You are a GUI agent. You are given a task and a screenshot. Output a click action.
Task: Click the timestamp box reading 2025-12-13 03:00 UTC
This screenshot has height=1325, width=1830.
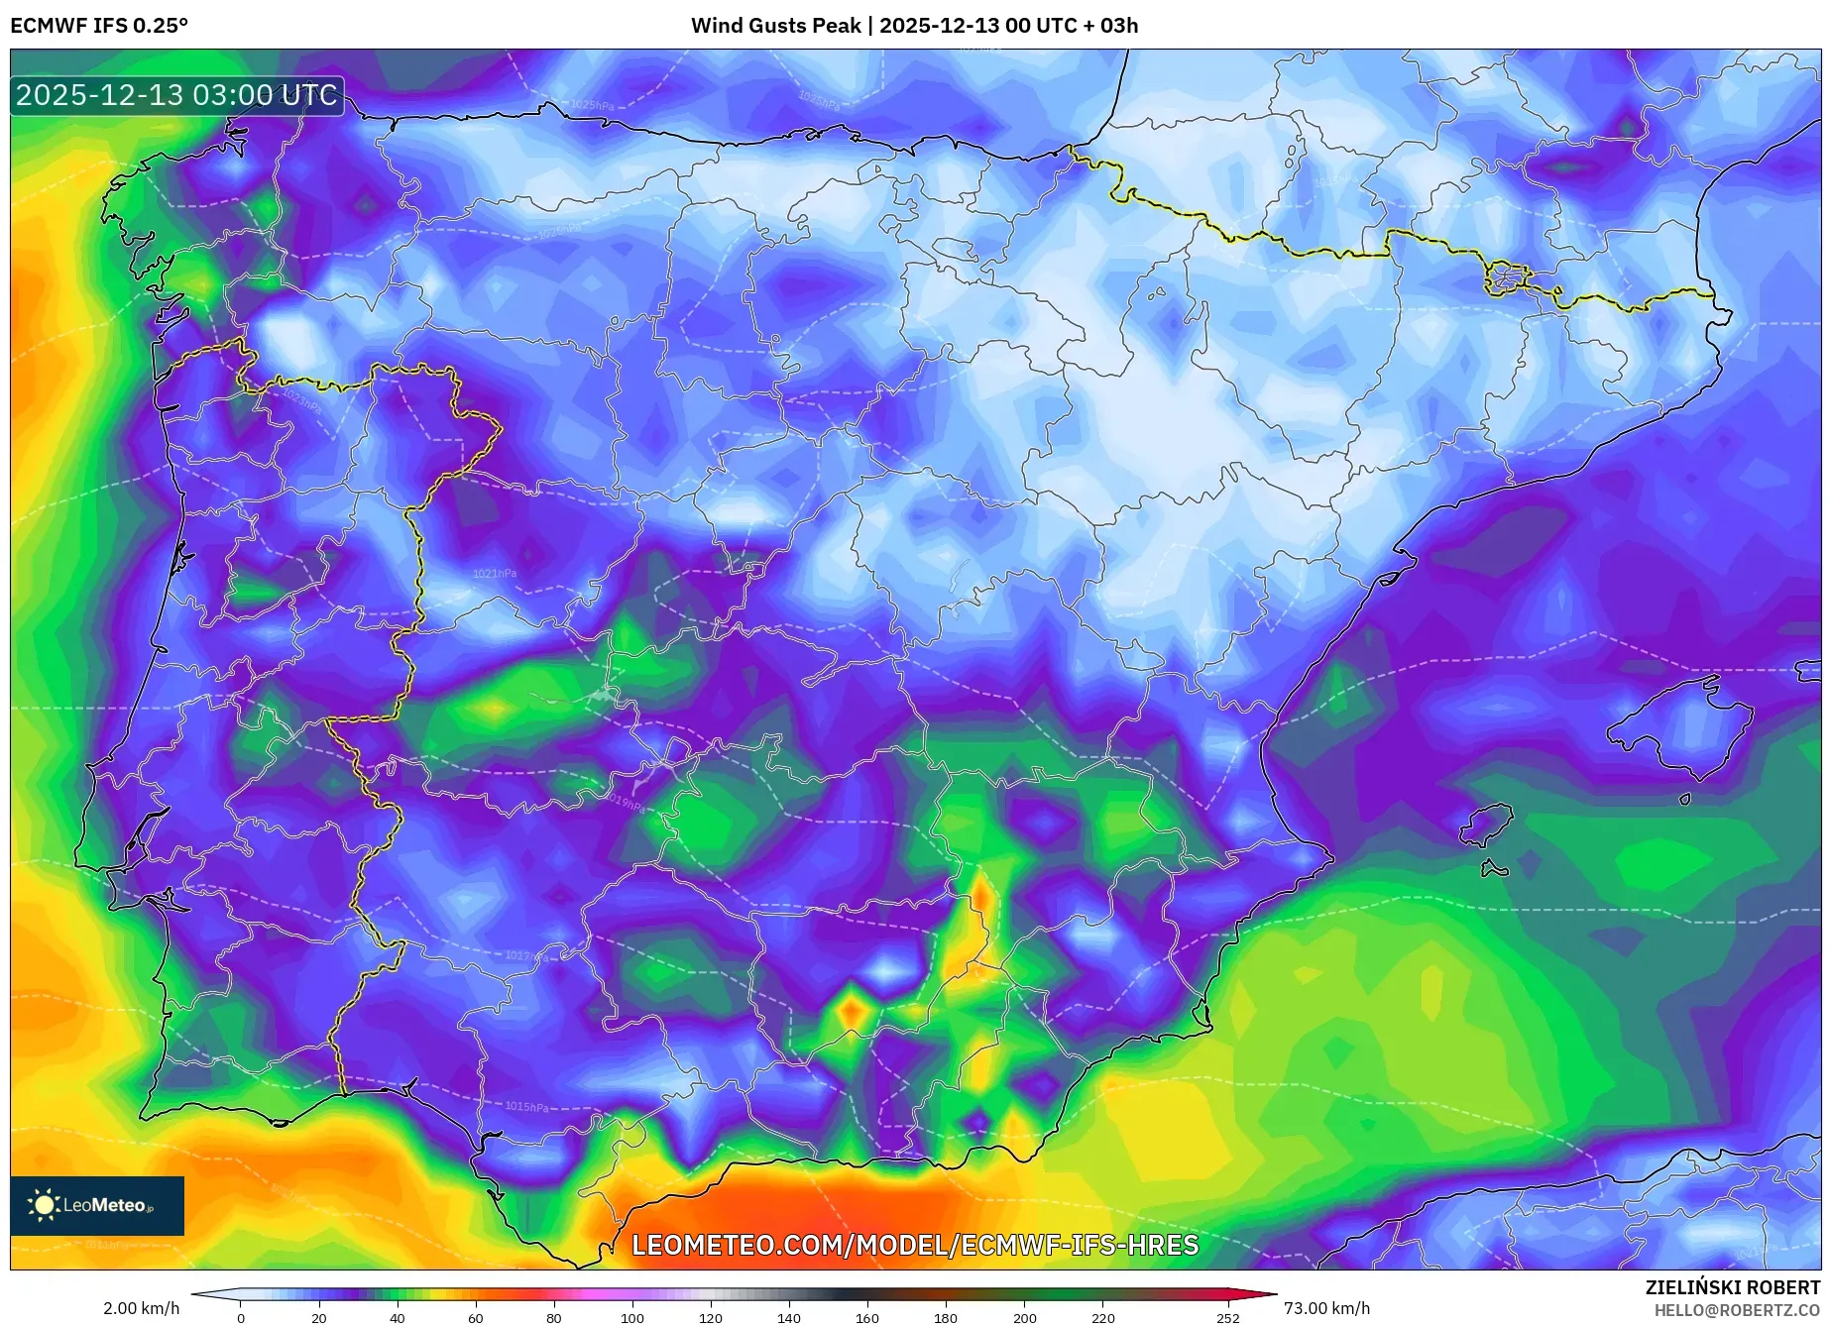tap(177, 95)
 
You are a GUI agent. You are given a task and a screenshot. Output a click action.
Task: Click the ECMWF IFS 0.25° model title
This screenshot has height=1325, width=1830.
tap(99, 26)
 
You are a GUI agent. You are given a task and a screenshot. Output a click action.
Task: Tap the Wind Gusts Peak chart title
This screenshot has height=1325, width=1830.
tap(914, 26)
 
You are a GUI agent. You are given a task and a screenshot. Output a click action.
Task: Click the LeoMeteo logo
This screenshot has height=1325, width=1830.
tap(97, 1205)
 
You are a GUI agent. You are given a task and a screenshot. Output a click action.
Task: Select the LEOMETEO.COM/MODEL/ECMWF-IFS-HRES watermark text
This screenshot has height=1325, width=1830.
tap(914, 1245)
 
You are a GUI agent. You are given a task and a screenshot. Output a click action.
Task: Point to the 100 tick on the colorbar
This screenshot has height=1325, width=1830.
tap(632, 1317)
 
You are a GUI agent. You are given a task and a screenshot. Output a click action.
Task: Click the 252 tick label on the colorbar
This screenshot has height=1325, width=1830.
tap(1227, 1317)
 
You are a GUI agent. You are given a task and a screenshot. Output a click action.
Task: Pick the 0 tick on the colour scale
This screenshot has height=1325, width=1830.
tap(241, 1317)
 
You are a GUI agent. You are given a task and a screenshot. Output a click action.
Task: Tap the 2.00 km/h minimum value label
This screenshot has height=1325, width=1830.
tap(142, 1308)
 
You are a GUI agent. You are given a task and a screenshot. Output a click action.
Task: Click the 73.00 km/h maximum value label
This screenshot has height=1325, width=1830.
tap(1326, 1308)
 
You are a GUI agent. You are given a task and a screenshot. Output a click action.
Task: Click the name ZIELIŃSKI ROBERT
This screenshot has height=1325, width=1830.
tap(1732, 1287)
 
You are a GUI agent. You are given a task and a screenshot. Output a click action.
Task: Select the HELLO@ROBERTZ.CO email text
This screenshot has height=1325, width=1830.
tap(1737, 1310)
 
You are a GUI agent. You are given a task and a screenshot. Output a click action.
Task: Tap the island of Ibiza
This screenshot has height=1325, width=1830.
tap(1487, 825)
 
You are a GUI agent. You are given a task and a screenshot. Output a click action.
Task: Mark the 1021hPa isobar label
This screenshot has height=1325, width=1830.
tap(494, 574)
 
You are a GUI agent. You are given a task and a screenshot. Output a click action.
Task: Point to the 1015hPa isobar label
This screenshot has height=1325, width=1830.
tap(526, 1107)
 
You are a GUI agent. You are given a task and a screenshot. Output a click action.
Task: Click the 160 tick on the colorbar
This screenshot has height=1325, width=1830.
tap(867, 1317)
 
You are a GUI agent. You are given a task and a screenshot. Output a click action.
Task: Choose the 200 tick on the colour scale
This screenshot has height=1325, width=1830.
tap(1025, 1317)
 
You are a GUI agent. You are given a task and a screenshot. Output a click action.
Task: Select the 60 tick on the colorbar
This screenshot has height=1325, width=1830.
tap(476, 1317)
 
